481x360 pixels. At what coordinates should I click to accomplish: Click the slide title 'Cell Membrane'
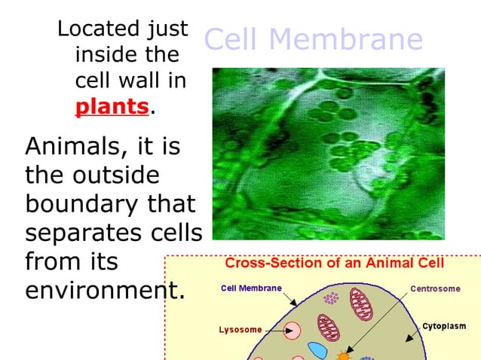(x=313, y=39)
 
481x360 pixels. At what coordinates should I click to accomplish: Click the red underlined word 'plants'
(x=112, y=106)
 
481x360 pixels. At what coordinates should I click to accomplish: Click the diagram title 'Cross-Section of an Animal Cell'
(x=335, y=264)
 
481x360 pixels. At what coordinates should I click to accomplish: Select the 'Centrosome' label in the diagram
(x=436, y=288)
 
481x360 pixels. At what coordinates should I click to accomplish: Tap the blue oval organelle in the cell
(x=317, y=350)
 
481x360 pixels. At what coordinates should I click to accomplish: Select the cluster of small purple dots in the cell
(x=330, y=298)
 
